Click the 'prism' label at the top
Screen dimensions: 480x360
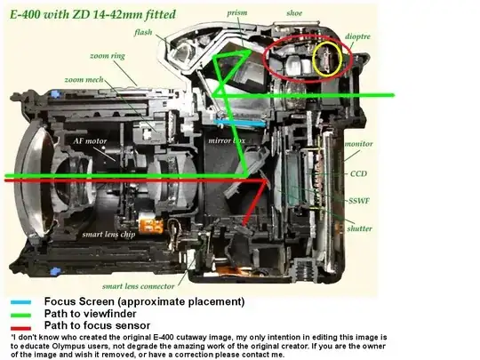237,13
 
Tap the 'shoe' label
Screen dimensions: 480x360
294,13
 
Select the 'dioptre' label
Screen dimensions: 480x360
357,36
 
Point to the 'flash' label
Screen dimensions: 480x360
143,32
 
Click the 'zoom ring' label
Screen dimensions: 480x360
108,56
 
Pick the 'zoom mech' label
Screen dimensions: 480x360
84,80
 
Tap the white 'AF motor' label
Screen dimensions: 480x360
90,141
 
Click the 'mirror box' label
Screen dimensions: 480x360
227,140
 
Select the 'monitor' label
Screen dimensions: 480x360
359,144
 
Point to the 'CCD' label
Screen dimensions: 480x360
358,173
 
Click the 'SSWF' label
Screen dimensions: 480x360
359,201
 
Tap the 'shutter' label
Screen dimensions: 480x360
360,228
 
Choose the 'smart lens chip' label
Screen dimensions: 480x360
108,235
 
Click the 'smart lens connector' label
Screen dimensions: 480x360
139,286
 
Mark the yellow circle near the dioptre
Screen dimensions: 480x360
313,59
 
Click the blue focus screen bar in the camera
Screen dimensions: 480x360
240,123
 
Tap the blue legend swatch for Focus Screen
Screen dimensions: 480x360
20,302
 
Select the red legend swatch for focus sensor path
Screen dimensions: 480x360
20,328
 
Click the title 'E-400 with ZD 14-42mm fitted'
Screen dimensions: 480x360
92,15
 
